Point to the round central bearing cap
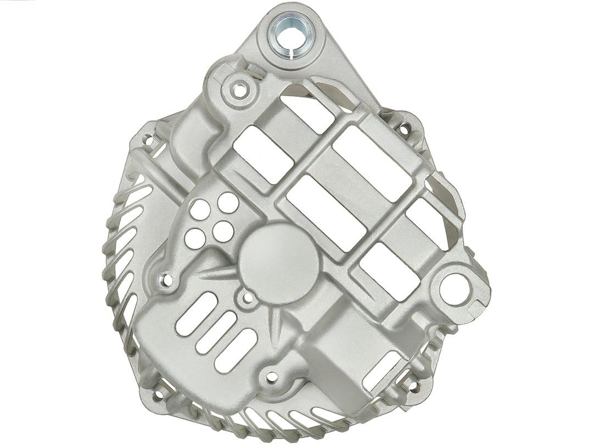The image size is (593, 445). (x=273, y=256)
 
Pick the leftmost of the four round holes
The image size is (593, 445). (x=192, y=237)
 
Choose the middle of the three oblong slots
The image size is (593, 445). (x=210, y=331)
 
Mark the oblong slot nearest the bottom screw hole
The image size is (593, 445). (x=232, y=348)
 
